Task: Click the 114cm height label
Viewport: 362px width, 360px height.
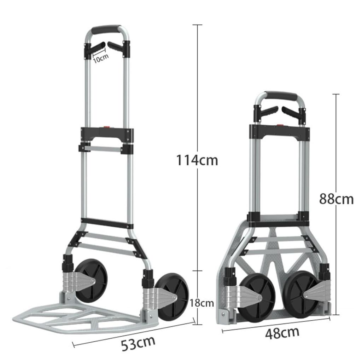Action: pos(197,160)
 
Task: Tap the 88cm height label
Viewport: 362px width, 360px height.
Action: pos(336,199)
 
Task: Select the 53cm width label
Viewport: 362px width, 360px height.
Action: pos(138,343)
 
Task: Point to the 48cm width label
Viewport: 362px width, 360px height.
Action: pos(282,333)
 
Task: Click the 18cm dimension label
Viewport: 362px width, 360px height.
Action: pos(202,303)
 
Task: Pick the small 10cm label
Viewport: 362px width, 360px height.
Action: pos(101,58)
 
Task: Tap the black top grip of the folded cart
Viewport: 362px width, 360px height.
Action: pos(281,96)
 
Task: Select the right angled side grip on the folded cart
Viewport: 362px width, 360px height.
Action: pos(292,114)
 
